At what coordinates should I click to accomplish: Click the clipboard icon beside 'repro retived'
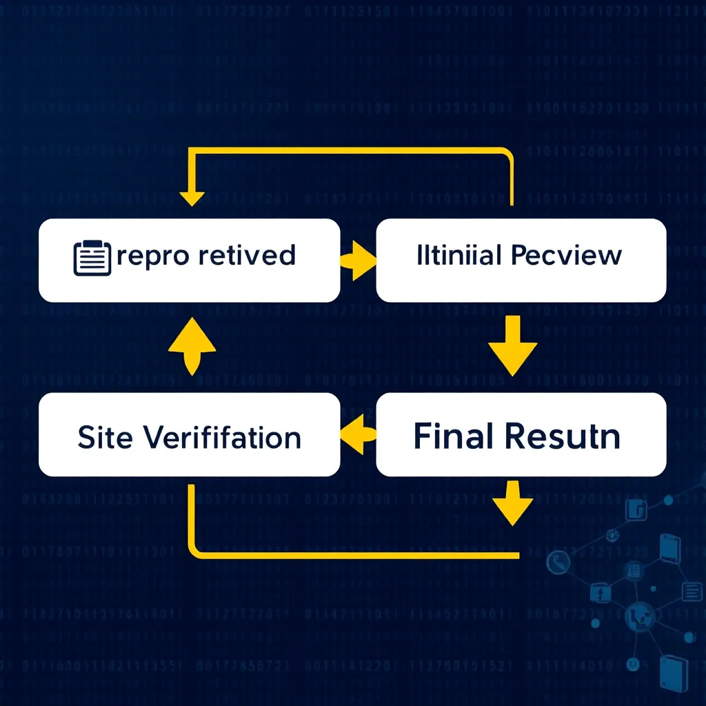[x=92, y=259]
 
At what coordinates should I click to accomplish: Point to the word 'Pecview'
[x=567, y=256]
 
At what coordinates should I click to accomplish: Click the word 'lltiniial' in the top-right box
[x=458, y=255]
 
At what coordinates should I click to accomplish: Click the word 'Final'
[x=452, y=436]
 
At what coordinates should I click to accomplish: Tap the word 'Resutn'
[x=562, y=436]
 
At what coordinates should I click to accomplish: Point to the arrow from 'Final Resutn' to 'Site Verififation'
[x=358, y=433]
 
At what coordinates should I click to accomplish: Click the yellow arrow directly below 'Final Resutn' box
[x=512, y=502]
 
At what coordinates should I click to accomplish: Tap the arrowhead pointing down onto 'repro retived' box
[x=192, y=197]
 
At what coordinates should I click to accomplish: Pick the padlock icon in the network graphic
[x=598, y=592]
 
